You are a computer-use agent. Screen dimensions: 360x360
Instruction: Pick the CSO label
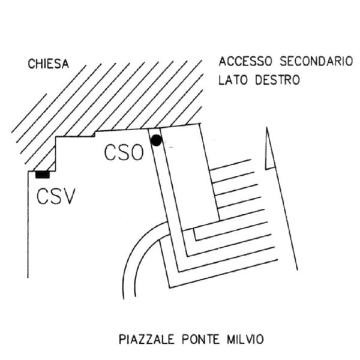[124, 154]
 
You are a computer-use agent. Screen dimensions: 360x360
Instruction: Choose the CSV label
[55, 196]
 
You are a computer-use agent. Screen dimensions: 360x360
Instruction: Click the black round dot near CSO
[156, 140]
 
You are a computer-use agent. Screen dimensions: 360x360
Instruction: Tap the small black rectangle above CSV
[43, 175]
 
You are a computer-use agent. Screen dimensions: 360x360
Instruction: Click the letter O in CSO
[137, 154]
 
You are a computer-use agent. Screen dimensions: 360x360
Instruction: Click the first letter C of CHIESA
[31, 64]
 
